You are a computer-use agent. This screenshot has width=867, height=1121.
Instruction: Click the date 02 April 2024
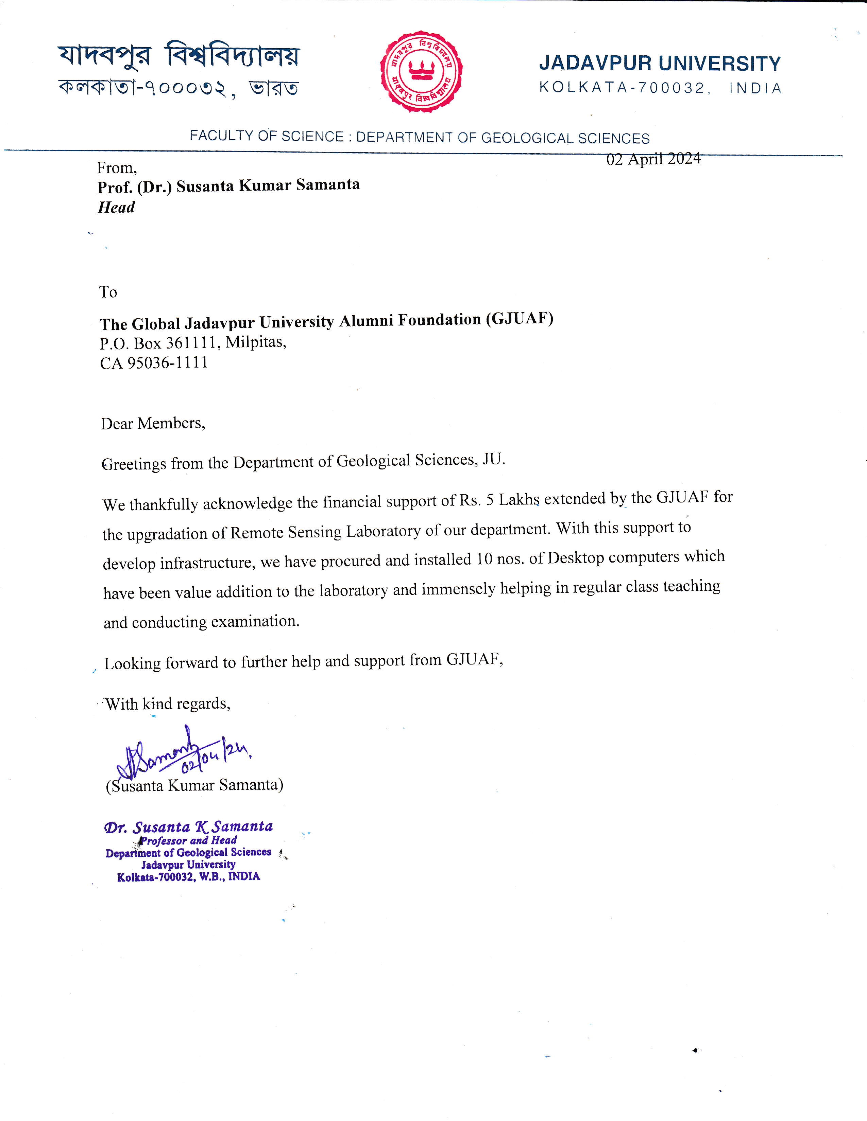[x=653, y=159]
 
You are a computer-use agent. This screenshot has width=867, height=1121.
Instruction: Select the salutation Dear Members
[x=153, y=424]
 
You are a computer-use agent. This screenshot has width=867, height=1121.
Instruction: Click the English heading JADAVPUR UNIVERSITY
[x=660, y=64]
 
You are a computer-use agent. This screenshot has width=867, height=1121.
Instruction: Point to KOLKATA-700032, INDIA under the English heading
[x=660, y=88]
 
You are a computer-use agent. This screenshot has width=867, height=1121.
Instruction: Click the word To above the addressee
[x=108, y=292]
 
